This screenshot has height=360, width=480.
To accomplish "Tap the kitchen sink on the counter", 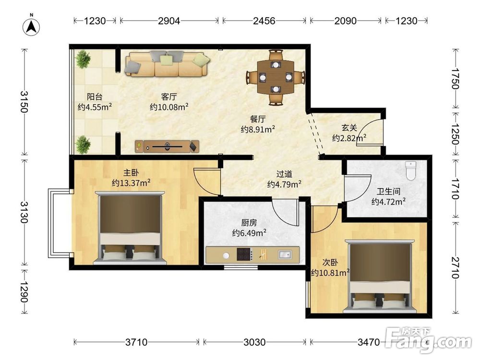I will click(x=285, y=254).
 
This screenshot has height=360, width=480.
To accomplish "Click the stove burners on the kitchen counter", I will click(x=244, y=254).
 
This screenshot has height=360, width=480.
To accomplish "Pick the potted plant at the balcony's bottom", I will click(x=83, y=144).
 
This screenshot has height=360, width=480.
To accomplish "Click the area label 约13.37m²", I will click(x=131, y=183).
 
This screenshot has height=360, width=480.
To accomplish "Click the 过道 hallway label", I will click(x=284, y=174).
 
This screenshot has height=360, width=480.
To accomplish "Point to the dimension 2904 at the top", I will click(x=168, y=21).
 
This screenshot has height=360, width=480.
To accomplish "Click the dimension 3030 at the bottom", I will click(x=254, y=342).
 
